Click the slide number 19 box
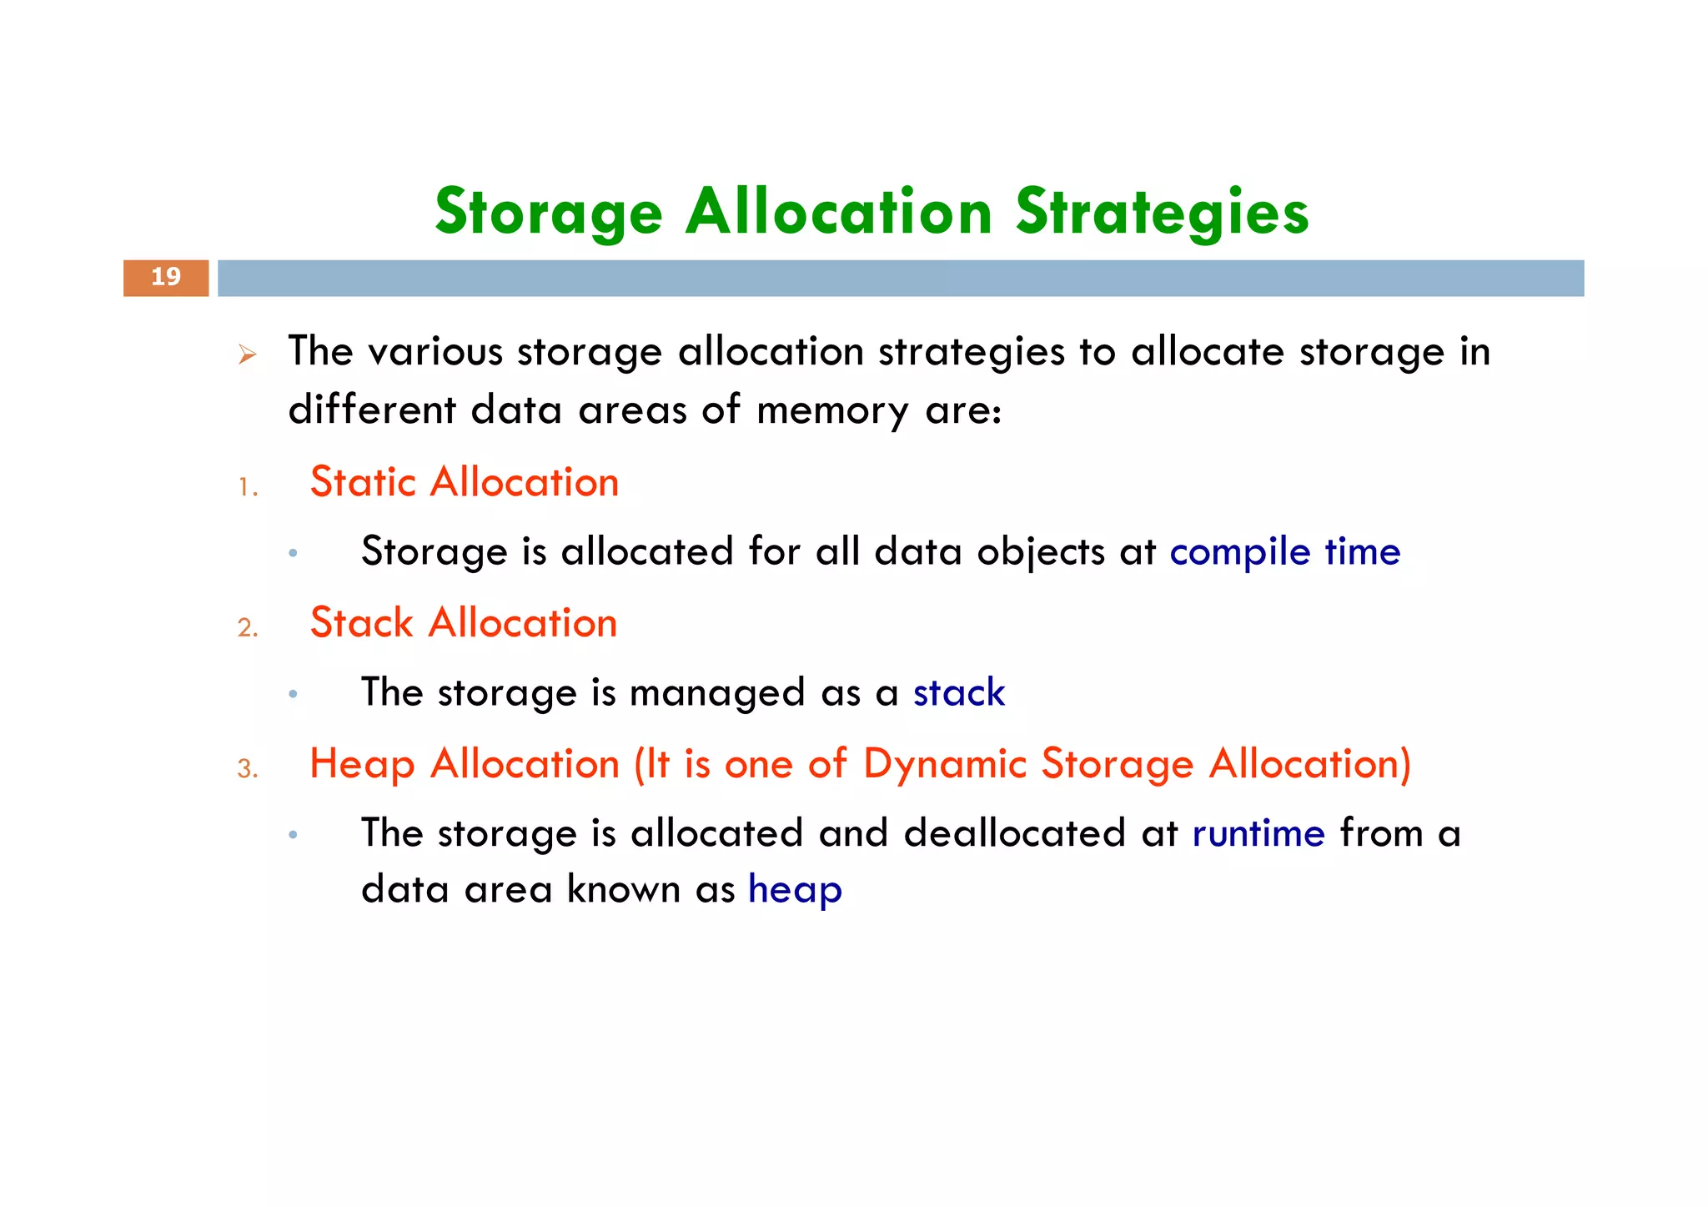click(166, 278)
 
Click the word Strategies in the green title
click(1162, 213)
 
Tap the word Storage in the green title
click(548, 213)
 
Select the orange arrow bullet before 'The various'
click(246, 355)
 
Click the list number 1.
click(247, 487)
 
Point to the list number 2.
click(247, 627)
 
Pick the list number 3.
click(247, 768)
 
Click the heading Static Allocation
click(464, 483)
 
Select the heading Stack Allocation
click(463, 623)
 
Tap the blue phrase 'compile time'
click(1284, 552)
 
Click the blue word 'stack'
click(958, 693)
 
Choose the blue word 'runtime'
click(1258, 833)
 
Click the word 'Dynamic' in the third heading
click(944, 764)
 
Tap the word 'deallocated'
click(1014, 833)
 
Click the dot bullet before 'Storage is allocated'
click(293, 553)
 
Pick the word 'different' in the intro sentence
click(372, 410)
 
